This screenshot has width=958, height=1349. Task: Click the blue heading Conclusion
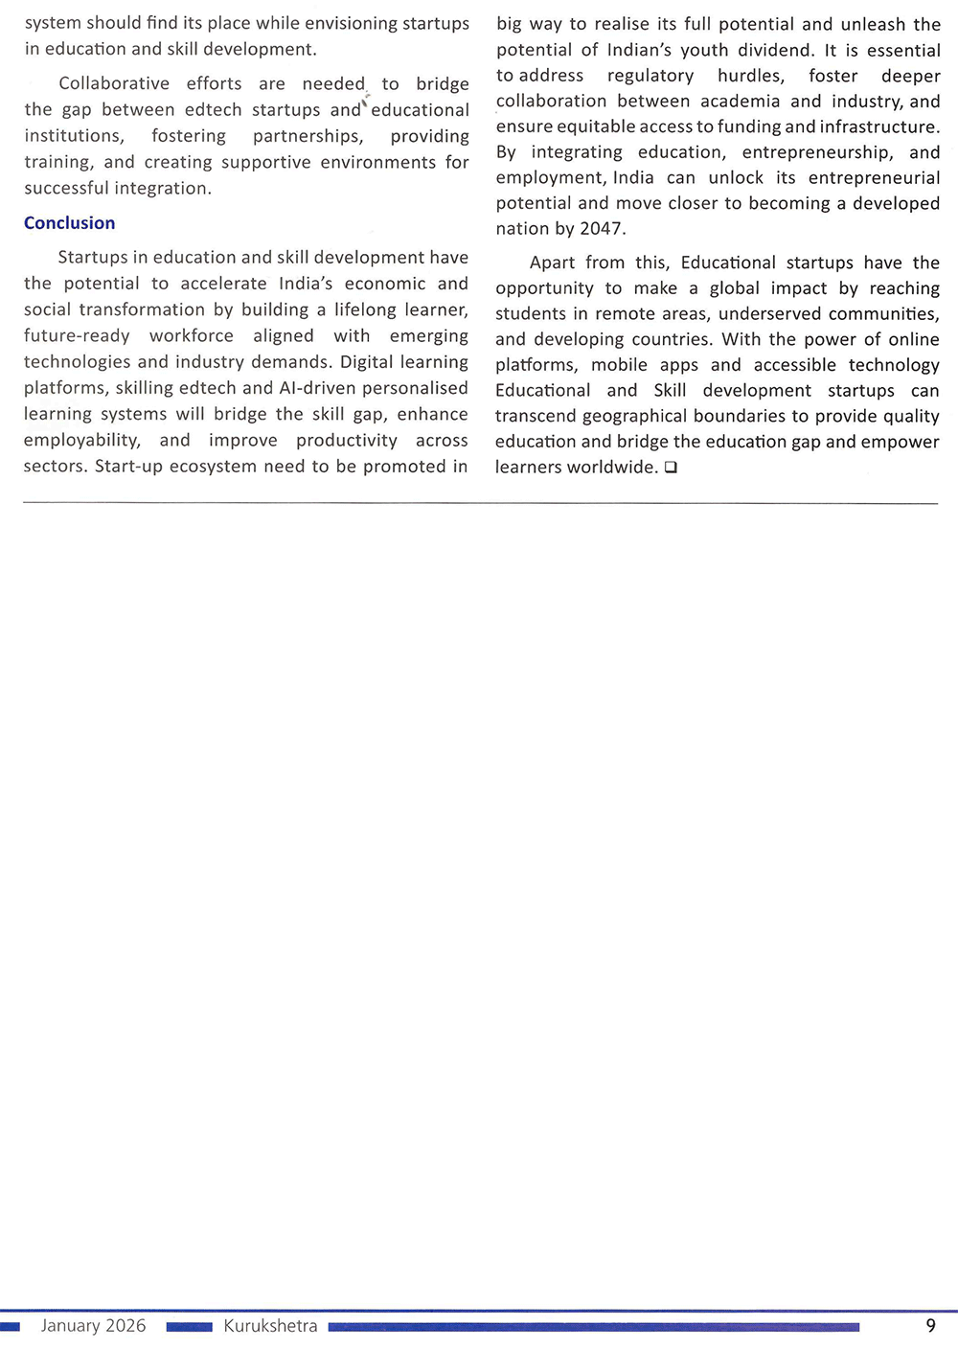(69, 223)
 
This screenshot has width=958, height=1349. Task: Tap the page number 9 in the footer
(930, 1326)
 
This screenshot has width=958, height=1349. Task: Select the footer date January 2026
(93, 1326)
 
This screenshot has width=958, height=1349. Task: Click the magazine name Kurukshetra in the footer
(270, 1326)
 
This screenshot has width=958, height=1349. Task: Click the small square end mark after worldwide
(671, 468)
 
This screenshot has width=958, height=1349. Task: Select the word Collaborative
(114, 84)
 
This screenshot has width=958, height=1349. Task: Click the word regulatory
(650, 76)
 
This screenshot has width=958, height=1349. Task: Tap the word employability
(81, 441)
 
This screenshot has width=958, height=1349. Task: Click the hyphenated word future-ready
(77, 336)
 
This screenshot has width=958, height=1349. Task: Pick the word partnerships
(308, 137)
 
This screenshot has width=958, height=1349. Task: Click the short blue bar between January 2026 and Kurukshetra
(189, 1327)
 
